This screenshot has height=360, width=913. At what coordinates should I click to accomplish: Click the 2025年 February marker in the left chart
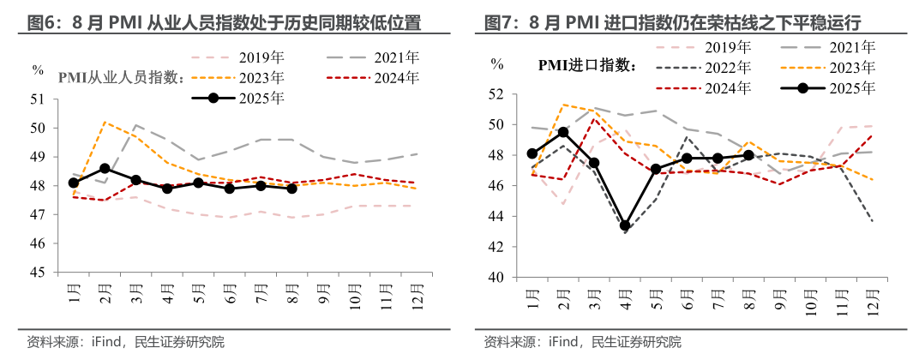[105, 168]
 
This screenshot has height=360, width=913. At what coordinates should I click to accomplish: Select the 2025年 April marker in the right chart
[626, 225]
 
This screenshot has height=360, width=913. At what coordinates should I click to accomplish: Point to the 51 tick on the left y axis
[39, 99]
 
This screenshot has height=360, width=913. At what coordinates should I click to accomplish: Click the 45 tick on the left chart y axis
[39, 273]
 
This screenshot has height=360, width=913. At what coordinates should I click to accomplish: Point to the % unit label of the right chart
[497, 63]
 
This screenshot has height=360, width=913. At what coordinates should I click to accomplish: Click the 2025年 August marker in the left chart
[292, 189]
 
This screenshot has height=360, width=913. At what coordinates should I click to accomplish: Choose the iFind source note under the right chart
[566, 342]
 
